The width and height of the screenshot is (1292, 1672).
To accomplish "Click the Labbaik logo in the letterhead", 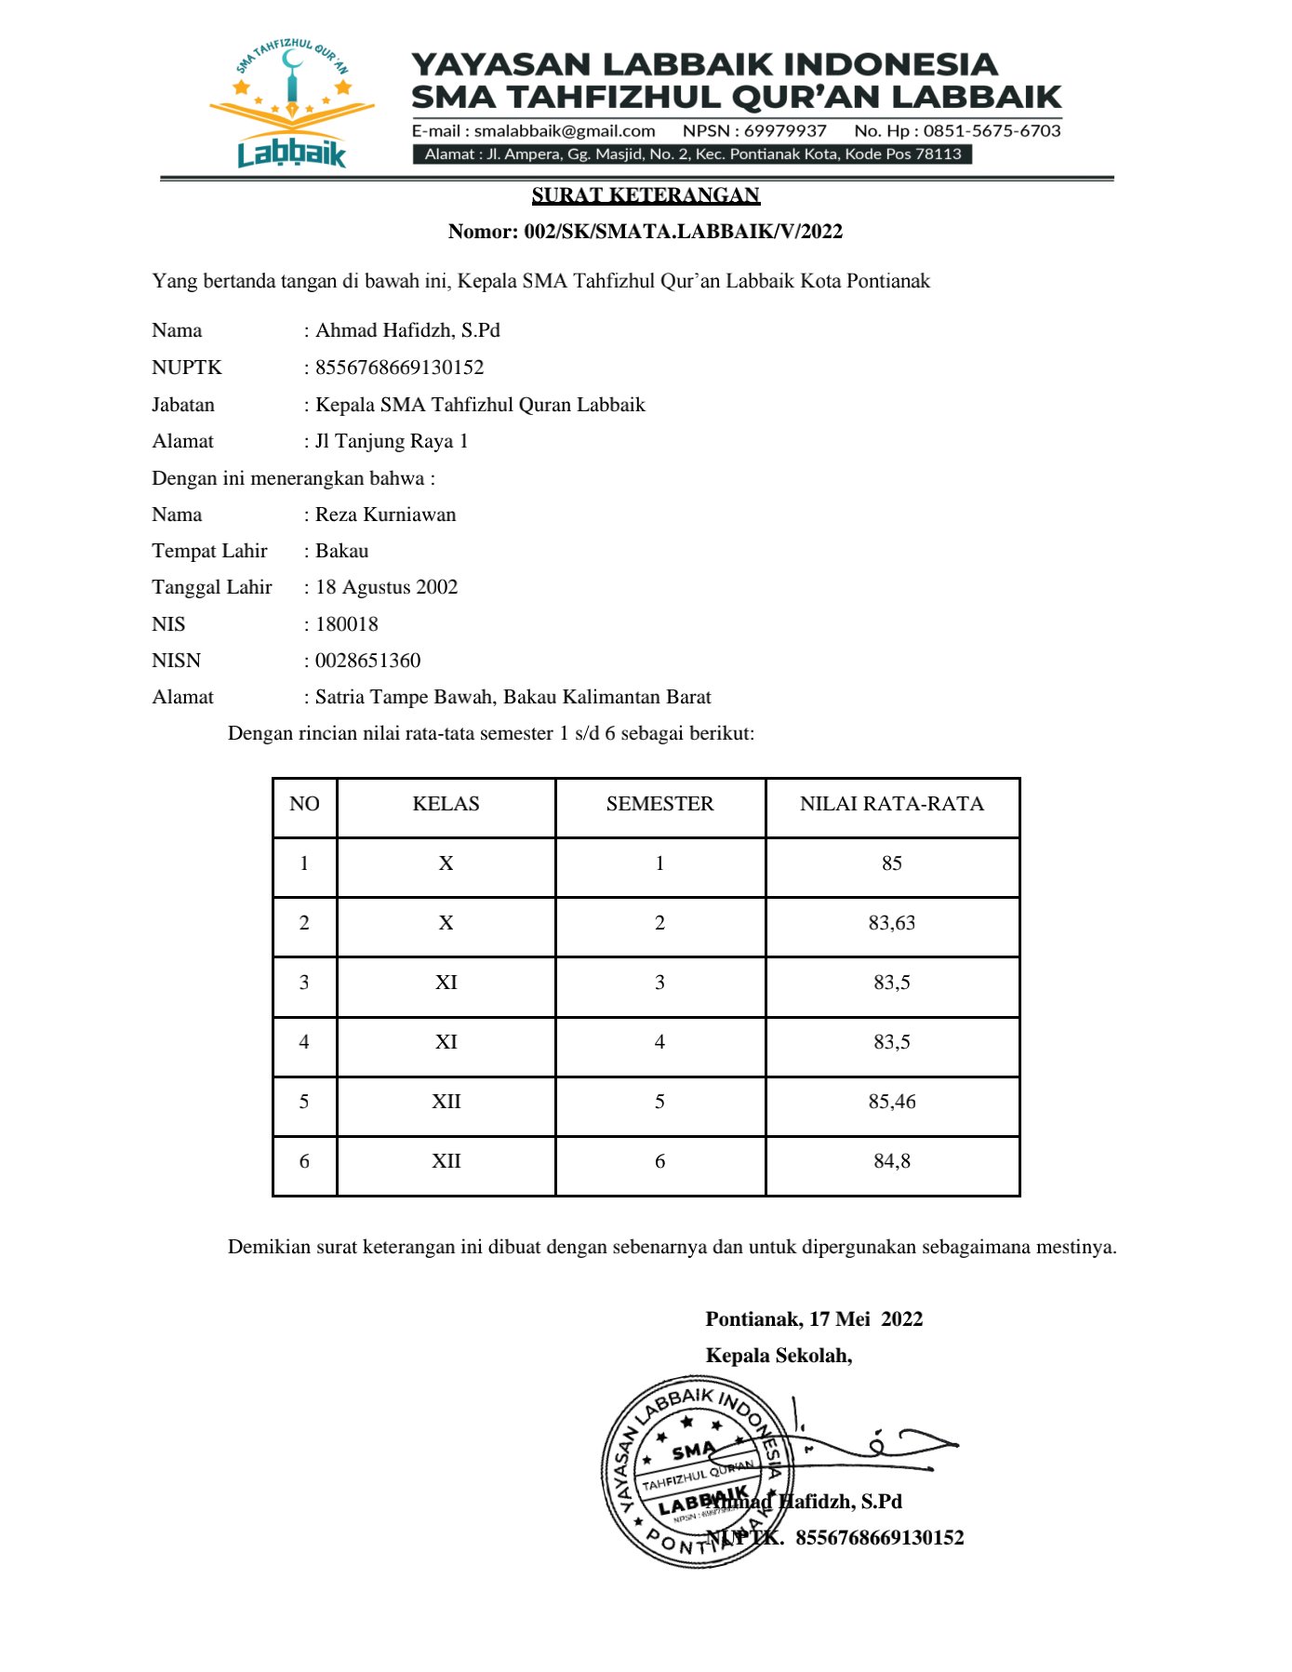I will tap(291, 104).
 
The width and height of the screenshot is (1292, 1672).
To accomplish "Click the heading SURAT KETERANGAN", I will tap(646, 195).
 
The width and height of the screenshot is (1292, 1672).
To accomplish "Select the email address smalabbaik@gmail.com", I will tap(565, 131).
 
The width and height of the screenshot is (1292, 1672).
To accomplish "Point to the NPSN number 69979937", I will tap(785, 131).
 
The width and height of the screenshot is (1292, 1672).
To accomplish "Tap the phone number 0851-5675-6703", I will tap(992, 131).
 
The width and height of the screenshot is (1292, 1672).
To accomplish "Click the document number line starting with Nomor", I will tap(646, 232).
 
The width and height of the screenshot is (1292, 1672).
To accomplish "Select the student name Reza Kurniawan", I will tap(385, 515).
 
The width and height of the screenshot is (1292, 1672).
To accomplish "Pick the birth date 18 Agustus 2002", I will tap(386, 587).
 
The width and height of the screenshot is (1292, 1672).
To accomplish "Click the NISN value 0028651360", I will tap(367, 661).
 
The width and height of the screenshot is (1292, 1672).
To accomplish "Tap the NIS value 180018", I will tap(347, 624).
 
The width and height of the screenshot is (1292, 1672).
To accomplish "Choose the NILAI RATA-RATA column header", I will tap(891, 804).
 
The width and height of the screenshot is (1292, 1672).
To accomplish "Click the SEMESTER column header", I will tap(659, 804).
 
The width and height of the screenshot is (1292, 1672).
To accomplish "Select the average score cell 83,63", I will tap(891, 923).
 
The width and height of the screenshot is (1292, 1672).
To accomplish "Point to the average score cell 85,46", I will tap(891, 1102).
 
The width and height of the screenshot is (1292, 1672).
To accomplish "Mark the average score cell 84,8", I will tap(891, 1161).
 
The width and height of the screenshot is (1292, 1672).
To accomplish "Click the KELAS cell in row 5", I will tap(446, 1102).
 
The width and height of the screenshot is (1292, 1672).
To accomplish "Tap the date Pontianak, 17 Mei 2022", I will tap(814, 1319).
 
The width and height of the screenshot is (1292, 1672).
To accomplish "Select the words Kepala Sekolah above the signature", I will tap(779, 1356).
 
